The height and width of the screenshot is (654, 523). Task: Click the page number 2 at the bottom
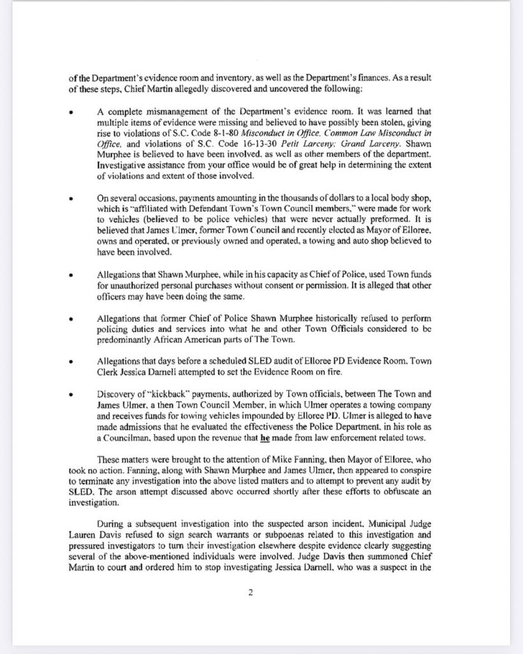[x=251, y=592]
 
